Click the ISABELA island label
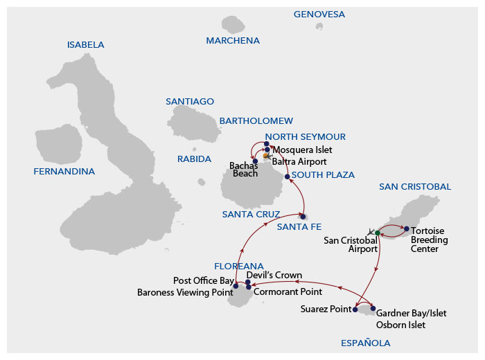[86, 45]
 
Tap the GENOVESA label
[319, 14]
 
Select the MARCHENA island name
[233, 41]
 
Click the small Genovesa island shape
[319, 26]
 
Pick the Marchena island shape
[233, 25]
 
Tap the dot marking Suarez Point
[355, 309]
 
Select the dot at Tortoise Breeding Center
[406, 228]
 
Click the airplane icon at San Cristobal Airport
[371, 231]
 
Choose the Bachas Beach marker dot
[255, 161]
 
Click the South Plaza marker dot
[288, 177]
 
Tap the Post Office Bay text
[204, 280]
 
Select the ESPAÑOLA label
[365, 343]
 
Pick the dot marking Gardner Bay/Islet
[373, 308]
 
